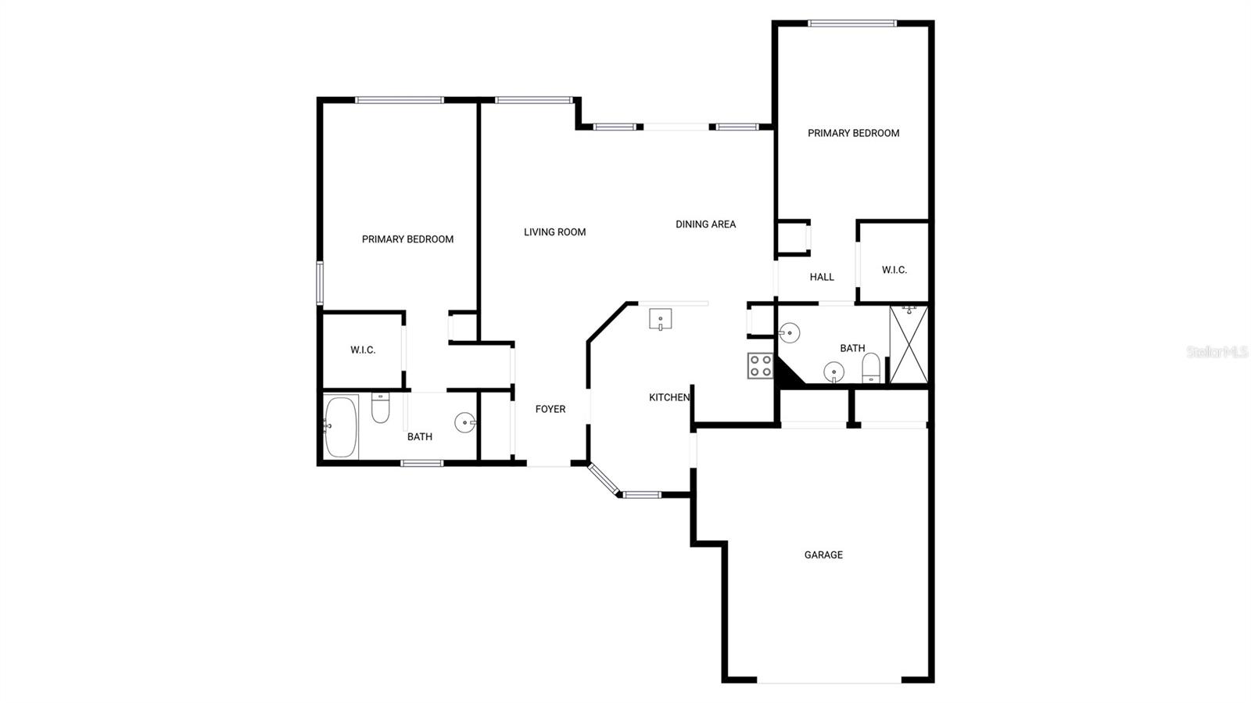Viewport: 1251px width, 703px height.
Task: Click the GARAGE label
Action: pos(823,555)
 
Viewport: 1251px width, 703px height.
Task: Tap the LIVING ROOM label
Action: pos(554,232)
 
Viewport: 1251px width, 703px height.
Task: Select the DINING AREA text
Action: pos(705,224)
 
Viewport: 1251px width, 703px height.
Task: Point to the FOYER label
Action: pos(550,409)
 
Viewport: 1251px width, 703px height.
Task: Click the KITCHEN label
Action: pos(669,398)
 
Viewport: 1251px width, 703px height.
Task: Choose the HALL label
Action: pos(822,277)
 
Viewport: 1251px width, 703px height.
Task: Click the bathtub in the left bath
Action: pos(341,426)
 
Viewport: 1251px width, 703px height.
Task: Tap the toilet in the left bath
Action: pos(380,407)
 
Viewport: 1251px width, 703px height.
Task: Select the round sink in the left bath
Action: pos(466,423)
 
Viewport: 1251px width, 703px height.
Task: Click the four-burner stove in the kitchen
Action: pos(761,366)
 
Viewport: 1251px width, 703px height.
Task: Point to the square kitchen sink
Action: pos(661,320)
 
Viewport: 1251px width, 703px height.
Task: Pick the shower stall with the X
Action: pos(909,345)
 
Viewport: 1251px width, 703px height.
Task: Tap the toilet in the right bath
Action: pos(871,368)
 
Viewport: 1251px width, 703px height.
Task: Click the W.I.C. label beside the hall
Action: pos(894,271)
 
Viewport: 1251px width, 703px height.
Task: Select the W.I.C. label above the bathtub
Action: pos(363,350)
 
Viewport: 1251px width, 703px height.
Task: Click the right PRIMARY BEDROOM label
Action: pos(853,134)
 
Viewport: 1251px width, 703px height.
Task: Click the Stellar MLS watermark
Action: pos(1217,353)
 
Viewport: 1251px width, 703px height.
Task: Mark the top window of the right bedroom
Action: pos(851,23)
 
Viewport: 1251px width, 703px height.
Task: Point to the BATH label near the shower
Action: pos(852,349)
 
